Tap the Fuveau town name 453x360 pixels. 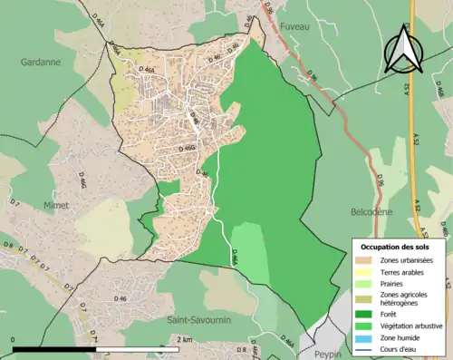tap(296, 27)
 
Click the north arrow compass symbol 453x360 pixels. tap(403, 50)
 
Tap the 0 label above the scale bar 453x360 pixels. tap(14, 339)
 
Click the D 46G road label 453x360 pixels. tap(188, 147)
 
